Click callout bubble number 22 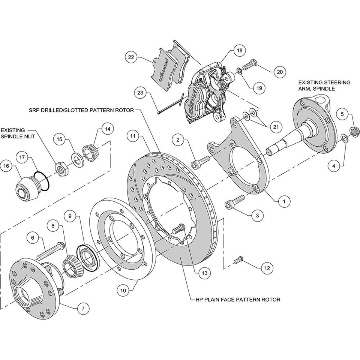(131, 57)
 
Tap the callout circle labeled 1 (284, 201)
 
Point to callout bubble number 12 (267, 268)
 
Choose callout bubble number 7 (83, 309)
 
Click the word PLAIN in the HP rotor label (221, 300)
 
